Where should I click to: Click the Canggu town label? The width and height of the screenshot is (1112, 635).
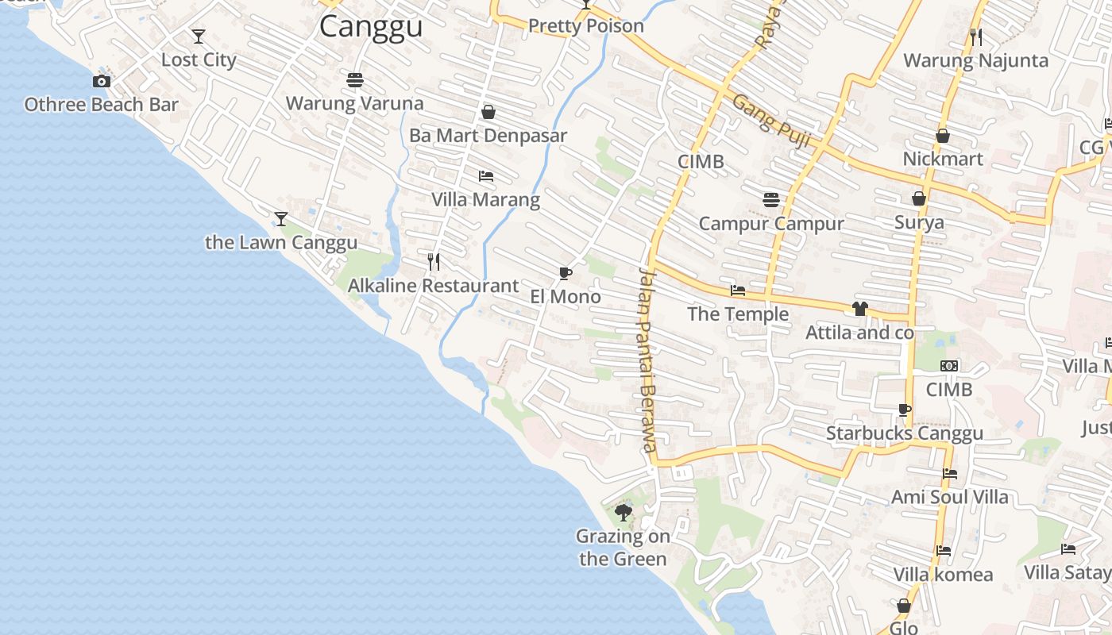(371, 26)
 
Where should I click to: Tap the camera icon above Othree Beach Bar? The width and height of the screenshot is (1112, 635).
(102, 81)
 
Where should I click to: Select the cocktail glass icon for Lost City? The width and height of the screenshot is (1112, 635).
(199, 37)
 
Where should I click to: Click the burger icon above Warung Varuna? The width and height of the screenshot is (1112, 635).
(355, 79)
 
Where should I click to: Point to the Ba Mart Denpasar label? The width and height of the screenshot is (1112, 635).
(488, 136)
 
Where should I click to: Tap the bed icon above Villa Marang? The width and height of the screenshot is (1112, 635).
(486, 175)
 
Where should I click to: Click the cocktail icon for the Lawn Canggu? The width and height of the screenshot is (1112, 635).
(280, 218)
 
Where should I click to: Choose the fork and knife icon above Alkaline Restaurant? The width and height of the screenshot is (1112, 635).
(434, 262)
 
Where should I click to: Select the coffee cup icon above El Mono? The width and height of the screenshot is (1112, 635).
(565, 274)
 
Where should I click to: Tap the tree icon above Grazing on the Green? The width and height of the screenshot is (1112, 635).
(624, 512)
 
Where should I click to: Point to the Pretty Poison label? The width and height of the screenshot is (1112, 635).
(586, 26)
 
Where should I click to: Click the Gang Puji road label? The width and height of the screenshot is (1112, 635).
(770, 121)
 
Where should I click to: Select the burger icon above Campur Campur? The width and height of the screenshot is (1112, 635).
(770, 199)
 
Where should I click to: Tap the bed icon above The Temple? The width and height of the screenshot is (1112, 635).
(738, 291)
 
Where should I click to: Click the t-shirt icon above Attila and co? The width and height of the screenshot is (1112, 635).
(859, 309)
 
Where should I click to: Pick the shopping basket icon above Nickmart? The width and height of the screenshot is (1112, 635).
(943, 136)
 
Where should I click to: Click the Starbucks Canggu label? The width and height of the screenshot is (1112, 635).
(905, 433)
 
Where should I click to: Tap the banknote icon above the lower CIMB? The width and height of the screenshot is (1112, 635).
(949, 366)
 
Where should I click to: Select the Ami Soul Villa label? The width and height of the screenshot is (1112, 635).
(949, 498)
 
